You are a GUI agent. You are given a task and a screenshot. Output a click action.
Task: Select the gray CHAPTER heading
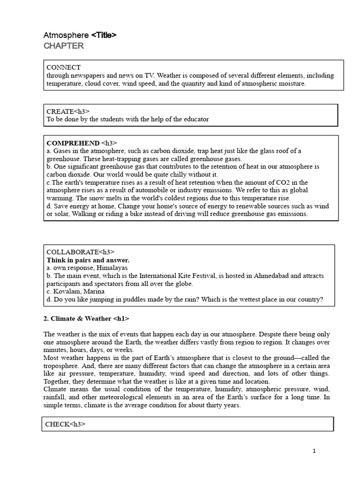pos(64,46)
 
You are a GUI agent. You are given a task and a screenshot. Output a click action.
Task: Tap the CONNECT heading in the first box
pos(63,67)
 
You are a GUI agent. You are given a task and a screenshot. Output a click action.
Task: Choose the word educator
pos(196,119)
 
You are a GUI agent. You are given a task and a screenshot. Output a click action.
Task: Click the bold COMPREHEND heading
pos(73,142)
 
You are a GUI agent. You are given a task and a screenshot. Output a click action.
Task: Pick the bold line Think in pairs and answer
pos(88,260)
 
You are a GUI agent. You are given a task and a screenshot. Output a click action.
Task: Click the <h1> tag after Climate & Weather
pos(121,319)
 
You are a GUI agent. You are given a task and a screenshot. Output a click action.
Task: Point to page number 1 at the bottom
pos(314,451)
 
